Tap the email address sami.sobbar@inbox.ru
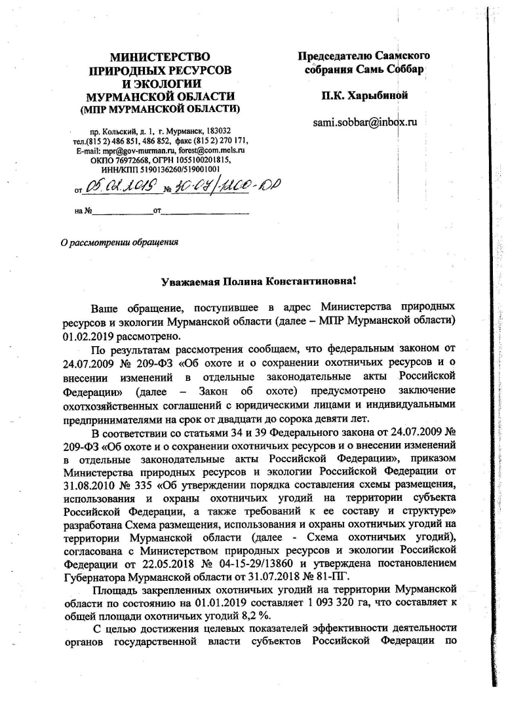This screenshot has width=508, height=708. pos(366,121)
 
